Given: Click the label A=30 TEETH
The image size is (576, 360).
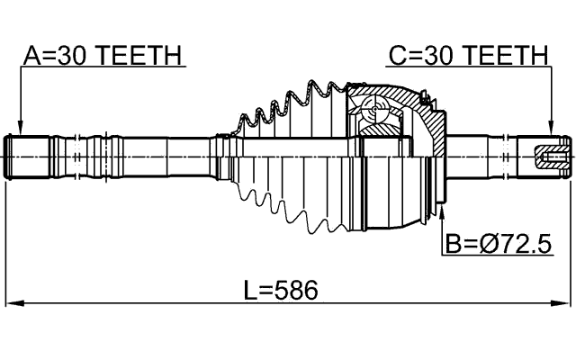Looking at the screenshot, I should [x=103, y=56].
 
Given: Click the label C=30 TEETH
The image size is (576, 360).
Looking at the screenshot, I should [x=468, y=56].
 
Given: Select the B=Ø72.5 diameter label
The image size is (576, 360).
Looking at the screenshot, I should [x=498, y=243].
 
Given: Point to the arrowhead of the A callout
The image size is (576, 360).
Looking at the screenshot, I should [x=20, y=130].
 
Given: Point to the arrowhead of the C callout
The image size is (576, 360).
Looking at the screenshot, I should [x=550, y=130].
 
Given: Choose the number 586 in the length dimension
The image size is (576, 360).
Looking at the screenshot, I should [x=298, y=290].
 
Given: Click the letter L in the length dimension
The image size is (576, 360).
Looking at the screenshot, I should [x=251, y=290].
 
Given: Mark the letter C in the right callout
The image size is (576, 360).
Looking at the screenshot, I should [x=396, y=56].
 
